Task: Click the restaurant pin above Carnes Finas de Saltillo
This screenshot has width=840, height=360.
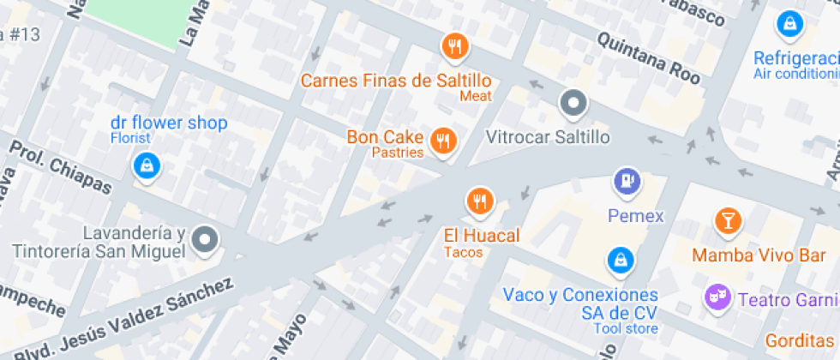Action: (454, 46)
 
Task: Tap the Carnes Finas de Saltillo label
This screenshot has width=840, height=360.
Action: (395, 81)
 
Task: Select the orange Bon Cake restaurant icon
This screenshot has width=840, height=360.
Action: (442, 140)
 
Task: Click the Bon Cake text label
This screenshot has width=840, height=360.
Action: (385, 136)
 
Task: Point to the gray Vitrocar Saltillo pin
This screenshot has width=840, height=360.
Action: (573, 105)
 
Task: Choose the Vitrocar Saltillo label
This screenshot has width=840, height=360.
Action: (548, 137)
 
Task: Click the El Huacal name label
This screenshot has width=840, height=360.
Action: (481, 235)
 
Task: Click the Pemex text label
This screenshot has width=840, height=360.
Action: (635, 215)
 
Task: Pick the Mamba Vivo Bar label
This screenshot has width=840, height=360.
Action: (747, 255)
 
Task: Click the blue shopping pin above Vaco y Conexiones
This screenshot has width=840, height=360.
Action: (619, 259)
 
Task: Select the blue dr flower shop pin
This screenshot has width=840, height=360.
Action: (148, 165)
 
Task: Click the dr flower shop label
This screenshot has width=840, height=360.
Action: (168, 123)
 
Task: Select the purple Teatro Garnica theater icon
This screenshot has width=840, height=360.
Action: (713, 298)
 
